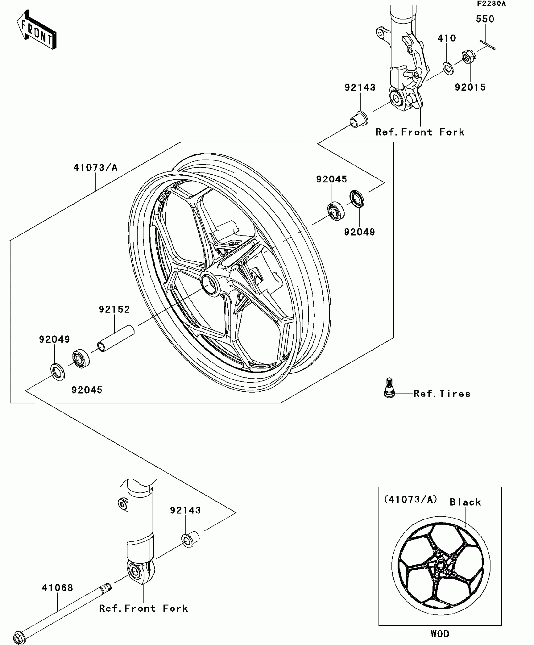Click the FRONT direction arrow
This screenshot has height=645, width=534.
[x=36, y=30]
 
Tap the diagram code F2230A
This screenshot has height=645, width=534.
[x=491, y=4]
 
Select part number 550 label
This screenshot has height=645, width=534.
[x=485, y=19]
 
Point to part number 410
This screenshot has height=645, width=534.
[x=446, y=38]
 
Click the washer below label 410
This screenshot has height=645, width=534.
[x=448, y=68]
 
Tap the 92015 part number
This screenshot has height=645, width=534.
[x=470, y=87]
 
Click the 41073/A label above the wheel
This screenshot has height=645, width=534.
[x=95, y=168]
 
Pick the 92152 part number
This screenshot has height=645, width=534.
[x=114, y=310]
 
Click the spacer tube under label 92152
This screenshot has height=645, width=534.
[x=116, y=338]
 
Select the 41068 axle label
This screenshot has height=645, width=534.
[x=57, y=588]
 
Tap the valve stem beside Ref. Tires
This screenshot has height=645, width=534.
[x=389, y=388]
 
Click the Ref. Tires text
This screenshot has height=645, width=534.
[x=442, y=394]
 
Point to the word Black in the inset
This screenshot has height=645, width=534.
[x=465, y=502]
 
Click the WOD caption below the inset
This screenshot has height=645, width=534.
[x=440, y=634]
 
